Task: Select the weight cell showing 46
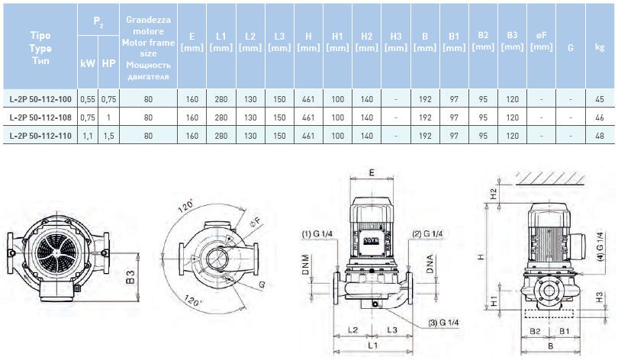[x=599, y=117]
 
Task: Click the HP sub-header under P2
[x=109, y=63]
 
